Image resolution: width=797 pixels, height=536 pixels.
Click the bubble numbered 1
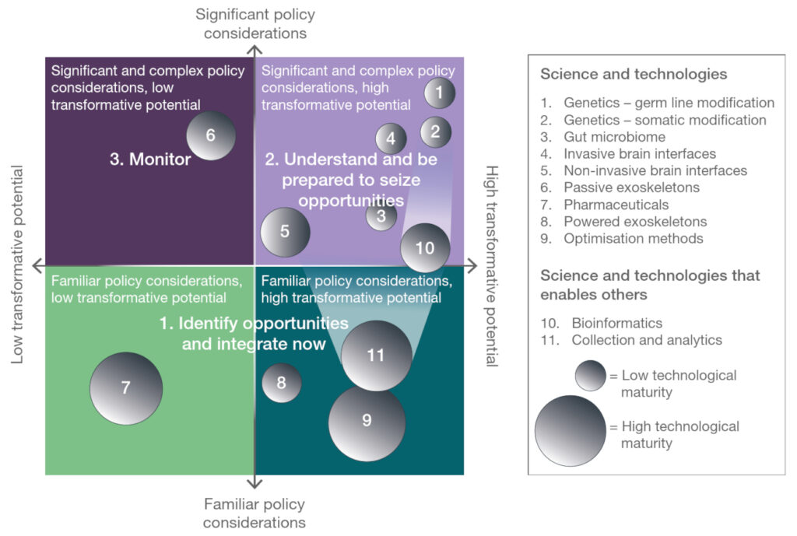(x=440, y=93)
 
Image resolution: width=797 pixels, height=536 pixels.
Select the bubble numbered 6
(x=210, y=135)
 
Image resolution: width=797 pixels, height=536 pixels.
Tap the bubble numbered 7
(x=126, y=388)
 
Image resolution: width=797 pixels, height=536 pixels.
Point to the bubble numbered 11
(x=377, y=356)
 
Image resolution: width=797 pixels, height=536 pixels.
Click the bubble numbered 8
(x=282, y=383)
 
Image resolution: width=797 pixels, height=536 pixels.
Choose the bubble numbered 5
(x=285, y=232)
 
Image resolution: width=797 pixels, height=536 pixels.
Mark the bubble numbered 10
(x=425, y=248)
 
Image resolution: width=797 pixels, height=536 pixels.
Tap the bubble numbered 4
(x=391, y=138)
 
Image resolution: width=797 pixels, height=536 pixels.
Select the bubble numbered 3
(x=381, y=215)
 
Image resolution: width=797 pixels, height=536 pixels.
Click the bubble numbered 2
(x=436, y=131)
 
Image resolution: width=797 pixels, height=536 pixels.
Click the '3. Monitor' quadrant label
(x=149, y=160)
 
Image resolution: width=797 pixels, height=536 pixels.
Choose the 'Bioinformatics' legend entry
(x=617, y=322)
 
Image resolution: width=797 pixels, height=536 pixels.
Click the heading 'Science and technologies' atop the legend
(x=634, y=75)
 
